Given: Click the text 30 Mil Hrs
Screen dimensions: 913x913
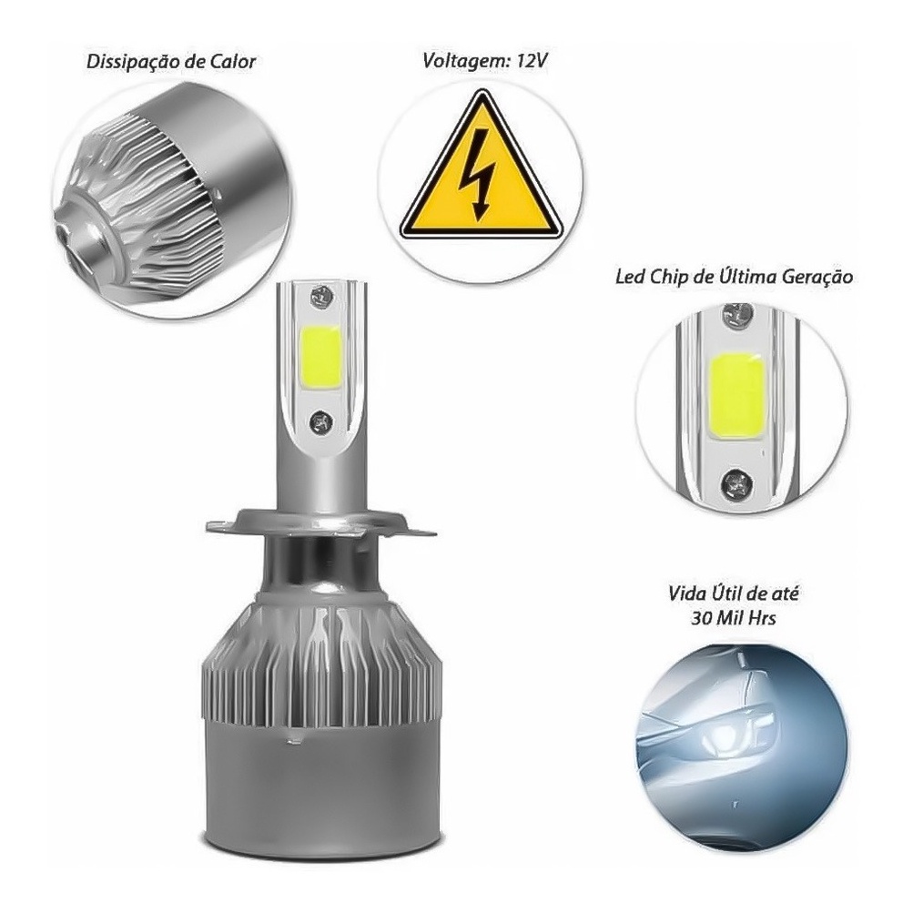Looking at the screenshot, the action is pyautogui.click(x=733, y=617).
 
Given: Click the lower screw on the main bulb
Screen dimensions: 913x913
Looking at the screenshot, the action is pyautogui.click(x=320, y=421).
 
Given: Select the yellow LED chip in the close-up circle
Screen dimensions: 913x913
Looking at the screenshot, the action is pyautogui.click(x=737, y=392).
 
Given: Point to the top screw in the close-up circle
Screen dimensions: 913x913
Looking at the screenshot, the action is pyautogui.click(x=737, y=315).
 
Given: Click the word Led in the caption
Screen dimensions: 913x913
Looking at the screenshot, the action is pyautogui.click(x=630, y=276).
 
